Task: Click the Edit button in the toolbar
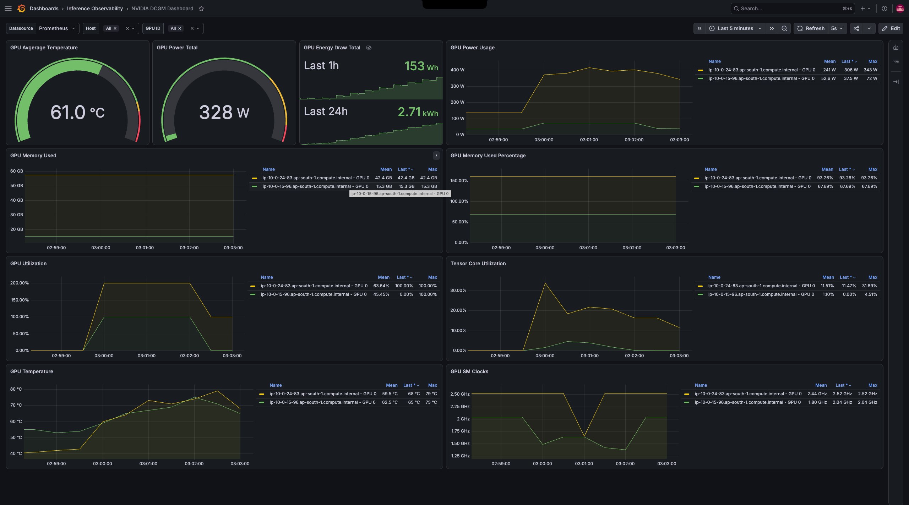(891, 28)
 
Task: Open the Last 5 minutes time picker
(735, 28)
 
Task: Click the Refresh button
(811, 28)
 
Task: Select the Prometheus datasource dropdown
(57, 28)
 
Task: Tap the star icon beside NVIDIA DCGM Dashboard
(201, 9)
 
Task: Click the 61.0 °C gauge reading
(77, 112)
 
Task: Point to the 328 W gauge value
(224, 112)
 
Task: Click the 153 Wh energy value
(421, 66)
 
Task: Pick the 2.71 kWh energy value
(418, 112)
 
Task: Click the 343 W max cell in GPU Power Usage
(870, 70)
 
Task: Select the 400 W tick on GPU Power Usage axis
(457, 70)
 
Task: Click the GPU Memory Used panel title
(33, 156)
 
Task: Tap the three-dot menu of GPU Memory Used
(436, 156)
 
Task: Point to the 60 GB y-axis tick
(17, 171)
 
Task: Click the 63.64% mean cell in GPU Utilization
(381, 286)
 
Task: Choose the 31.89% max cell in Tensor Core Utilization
(870, 286)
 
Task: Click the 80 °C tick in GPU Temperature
(16, 389)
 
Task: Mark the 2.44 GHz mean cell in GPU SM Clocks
(817, 394)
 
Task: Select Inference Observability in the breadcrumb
(95, 9)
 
